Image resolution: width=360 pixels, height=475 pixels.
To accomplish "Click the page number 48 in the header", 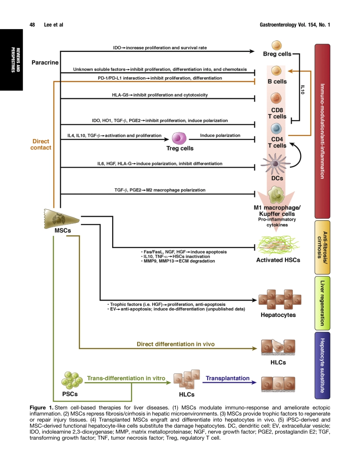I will click(32, 25).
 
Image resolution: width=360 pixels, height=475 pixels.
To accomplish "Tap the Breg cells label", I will click(277, 54).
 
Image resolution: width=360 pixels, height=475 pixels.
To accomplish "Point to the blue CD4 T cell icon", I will click(276, 130).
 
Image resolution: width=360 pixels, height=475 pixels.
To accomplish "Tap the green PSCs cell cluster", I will click(72, 380).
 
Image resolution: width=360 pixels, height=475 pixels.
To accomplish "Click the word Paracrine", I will click(45, 63).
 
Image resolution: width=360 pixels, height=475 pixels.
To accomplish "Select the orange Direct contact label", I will click(41, 144).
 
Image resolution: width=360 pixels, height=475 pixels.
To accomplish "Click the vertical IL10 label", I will click(303, 89).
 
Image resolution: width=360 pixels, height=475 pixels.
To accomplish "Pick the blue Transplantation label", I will click(227, 378).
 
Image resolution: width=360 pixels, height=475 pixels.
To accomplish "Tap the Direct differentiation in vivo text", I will click(175, 344).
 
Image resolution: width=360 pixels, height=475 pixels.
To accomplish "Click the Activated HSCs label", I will click(278, 260).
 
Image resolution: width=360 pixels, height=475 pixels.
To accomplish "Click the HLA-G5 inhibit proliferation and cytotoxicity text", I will click(160, 95).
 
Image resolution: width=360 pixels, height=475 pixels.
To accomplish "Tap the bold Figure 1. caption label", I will click(43, 408).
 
